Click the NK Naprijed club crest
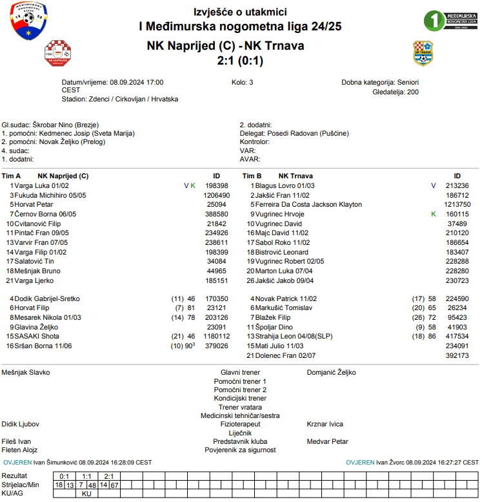57,52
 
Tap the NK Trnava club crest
423,52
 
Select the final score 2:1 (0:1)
240,61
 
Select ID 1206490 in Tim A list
216,195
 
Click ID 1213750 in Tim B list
457,204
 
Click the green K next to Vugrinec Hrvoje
434,214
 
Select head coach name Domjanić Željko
331,372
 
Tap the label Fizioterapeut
240,424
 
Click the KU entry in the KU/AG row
86,494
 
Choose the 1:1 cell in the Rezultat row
86,476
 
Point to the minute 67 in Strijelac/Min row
114,485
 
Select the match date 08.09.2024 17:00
137,83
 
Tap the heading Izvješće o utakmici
240,12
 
